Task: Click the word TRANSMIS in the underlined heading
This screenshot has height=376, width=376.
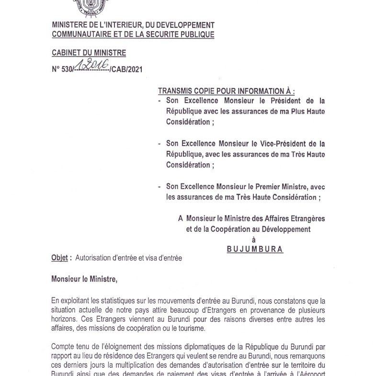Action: tap(176, 91)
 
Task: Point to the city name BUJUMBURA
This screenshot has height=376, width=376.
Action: tap(255, 249)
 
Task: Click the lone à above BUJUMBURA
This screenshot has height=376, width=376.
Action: tap(254, 239)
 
